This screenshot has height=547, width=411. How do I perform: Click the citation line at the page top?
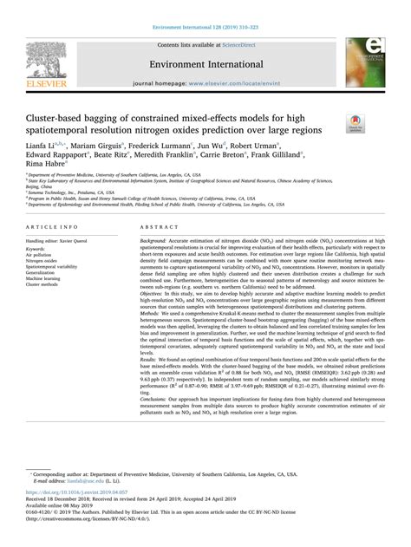pyautogui.click(x=205, y=6)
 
